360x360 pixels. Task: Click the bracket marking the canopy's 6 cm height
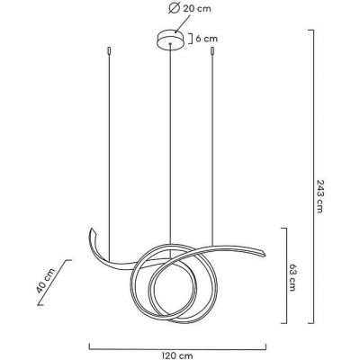(x=185, y=39)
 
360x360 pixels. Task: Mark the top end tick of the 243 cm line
(x=312, y=31)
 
